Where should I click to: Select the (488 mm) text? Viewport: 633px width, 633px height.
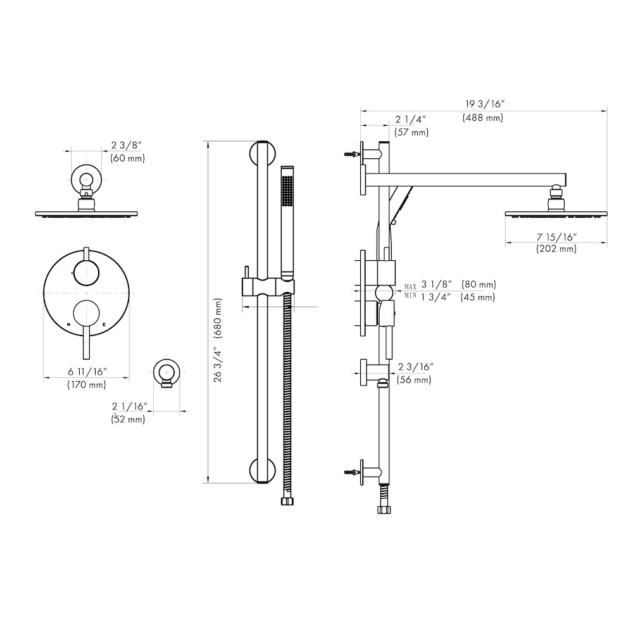click(x=483, y=118)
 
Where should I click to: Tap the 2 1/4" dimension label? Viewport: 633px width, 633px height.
click(x=411, y=120)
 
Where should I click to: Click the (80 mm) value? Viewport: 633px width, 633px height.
click(x=479, y=285)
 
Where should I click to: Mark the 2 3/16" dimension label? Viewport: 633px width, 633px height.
click(x=416, y=367)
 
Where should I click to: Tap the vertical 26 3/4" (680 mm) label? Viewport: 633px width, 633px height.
click(x=219, y=339)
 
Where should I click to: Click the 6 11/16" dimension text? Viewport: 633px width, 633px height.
click(x=87, y=372)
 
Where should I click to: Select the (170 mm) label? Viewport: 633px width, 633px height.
click(x=87, y=384)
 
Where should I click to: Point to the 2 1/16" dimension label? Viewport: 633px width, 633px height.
click(x=130, y=406)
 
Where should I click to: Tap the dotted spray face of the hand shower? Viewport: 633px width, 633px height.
click(x=287, y=190)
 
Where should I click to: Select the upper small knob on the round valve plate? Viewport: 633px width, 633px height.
click(x=86, y=273)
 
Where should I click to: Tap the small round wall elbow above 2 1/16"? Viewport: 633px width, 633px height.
click(x=167, y=372)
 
